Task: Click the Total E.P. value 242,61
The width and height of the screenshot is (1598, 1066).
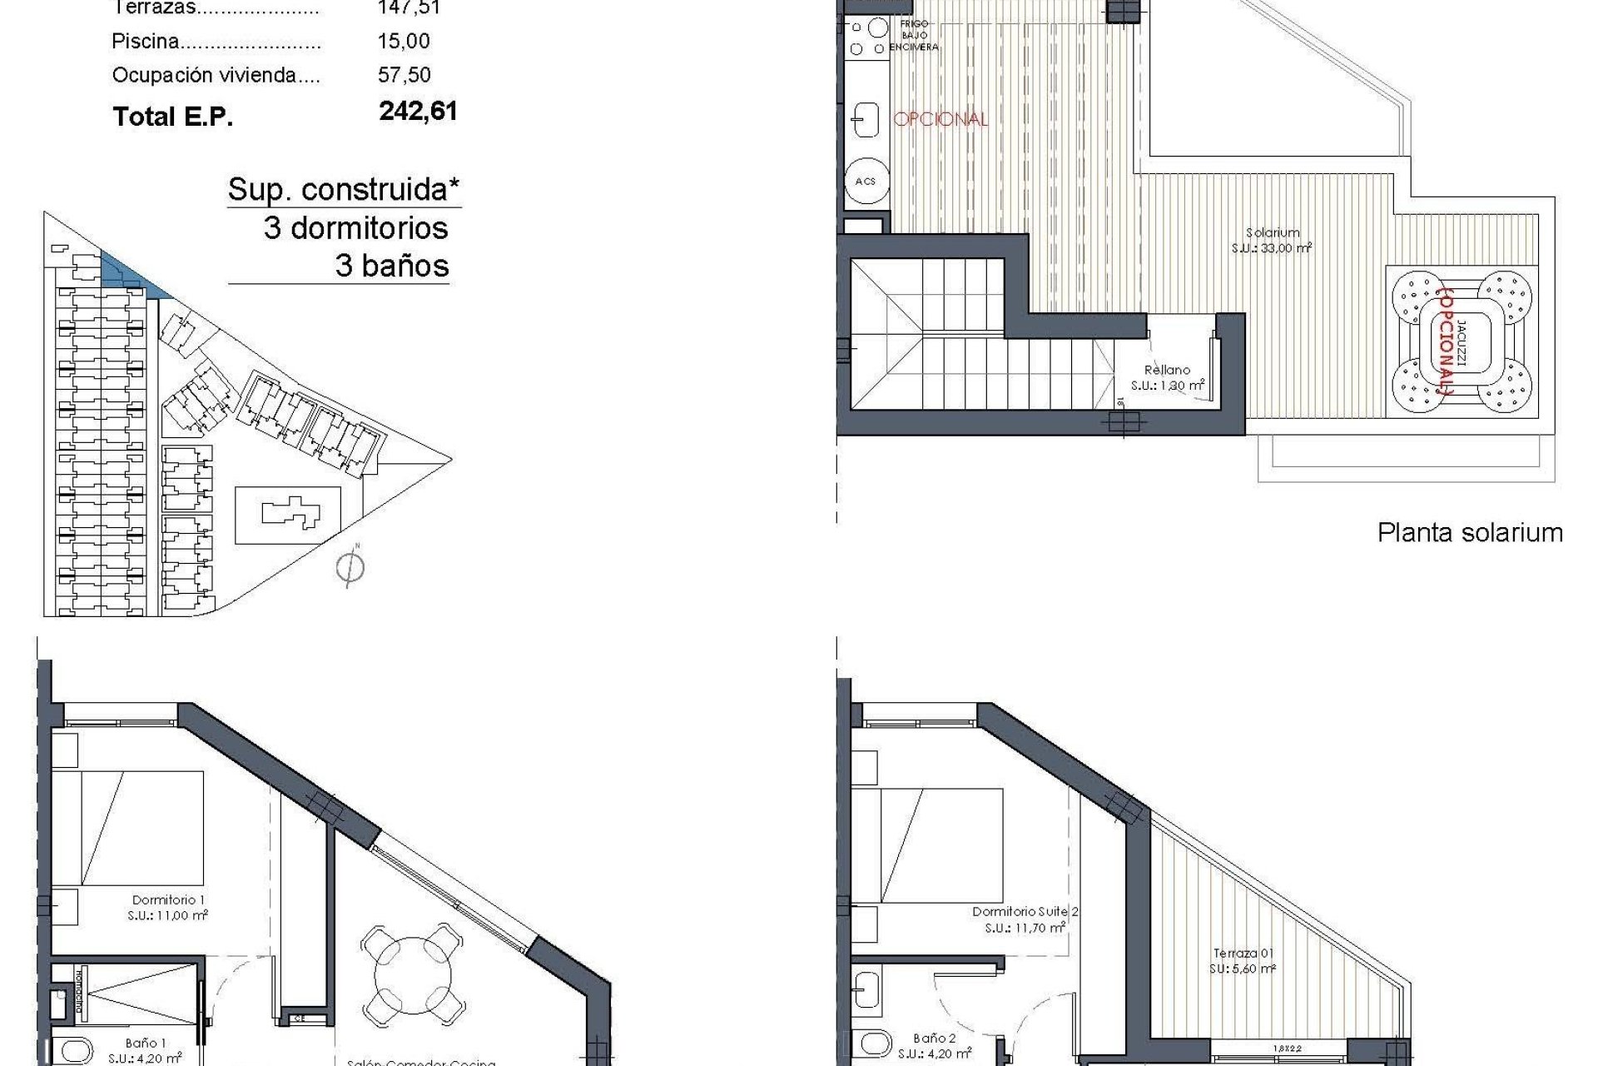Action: (418, 112)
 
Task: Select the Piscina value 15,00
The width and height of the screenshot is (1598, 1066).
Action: (404, 41)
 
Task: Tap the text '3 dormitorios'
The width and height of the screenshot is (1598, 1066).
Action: (355, 228)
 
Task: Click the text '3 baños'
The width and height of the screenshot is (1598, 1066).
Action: (391, 266)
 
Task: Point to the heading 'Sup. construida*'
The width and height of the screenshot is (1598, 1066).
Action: (344, 190)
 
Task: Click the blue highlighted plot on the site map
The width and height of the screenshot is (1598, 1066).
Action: (125, 272)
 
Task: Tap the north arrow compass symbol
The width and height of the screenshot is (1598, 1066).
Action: (350, 568)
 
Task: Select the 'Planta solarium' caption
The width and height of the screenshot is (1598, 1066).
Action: (1470, 533)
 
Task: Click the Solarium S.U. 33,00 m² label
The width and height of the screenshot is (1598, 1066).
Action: (1273, 241)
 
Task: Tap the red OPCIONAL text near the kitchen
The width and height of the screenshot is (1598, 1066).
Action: (940, 119)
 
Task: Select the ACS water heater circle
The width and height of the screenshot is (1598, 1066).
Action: (866, 181)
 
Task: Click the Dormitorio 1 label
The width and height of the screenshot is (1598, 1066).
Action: (169, 907)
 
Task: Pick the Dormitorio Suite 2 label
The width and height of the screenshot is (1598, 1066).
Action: (1025, 919)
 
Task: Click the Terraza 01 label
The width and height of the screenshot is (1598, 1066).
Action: (1243, 961)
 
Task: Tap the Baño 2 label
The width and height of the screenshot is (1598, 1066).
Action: (934, 1046)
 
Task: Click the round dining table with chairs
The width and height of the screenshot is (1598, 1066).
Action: (413, 975)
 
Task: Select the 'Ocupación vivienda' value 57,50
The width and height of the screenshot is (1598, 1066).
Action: (404, 75)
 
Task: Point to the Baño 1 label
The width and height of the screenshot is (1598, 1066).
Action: (146, 1050)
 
